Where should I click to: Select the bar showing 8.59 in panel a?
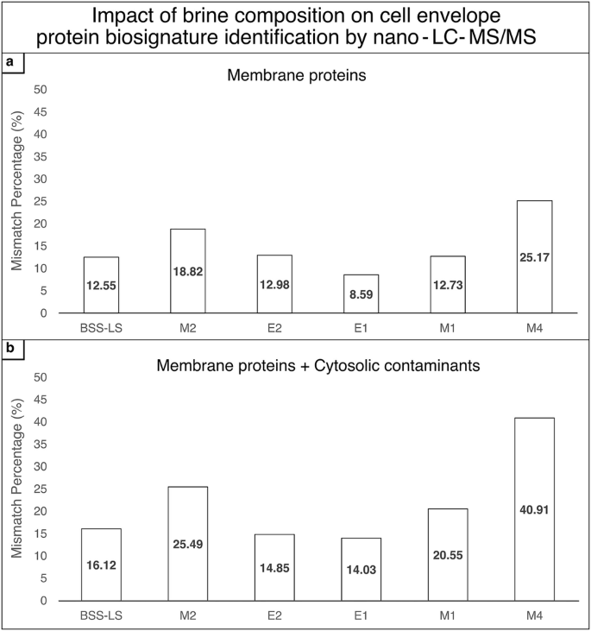coord(361,293)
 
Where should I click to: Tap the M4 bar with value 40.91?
coord(534,508)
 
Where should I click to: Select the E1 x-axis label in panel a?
coord(361,327)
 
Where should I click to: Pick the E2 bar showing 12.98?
coord(274,284)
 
